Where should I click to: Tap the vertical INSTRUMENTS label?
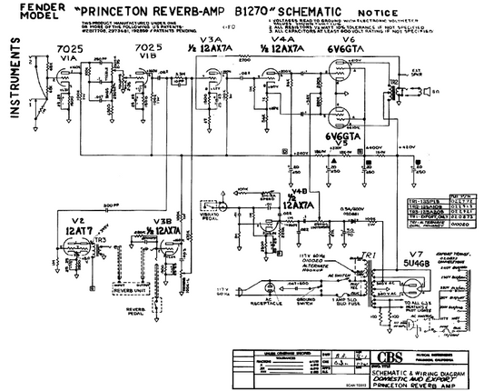pyautogui.click(x=15, y=83)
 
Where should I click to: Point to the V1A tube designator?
pyautogui.click(x=68, y=56)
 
